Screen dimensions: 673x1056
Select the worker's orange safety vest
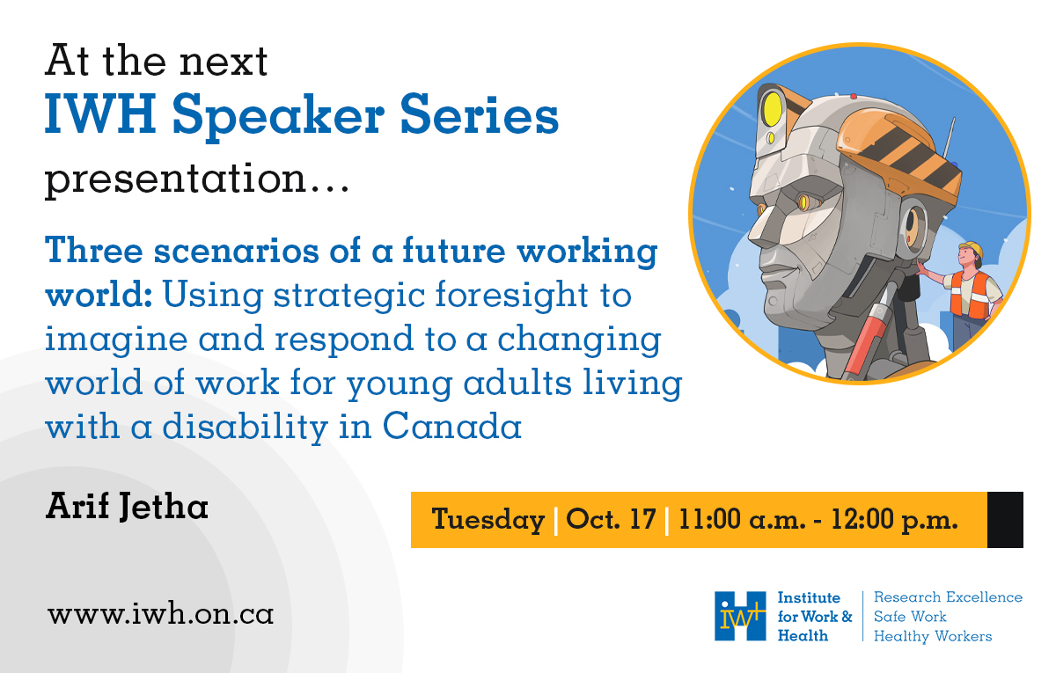[x=968, y=294]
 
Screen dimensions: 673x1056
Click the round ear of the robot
[x=912, y=227]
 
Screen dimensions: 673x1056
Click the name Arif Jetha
[x=127, y=508]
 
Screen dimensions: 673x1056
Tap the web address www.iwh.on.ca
[x=161, y=613]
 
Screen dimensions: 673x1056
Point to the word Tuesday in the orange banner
[x=488, y=519]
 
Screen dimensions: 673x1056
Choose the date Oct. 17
[x=611, y=519]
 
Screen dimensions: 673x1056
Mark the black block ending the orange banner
[x=1005, y=519]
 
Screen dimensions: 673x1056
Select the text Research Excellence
[x=948, y=597]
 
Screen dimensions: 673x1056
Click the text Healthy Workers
[x=932, y=636]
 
